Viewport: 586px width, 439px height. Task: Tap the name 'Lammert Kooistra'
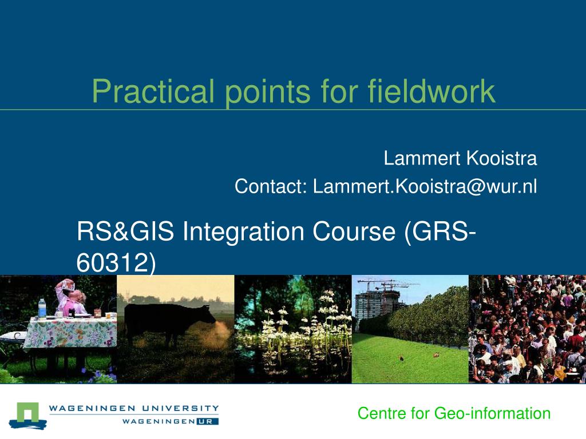[x=460, y=158]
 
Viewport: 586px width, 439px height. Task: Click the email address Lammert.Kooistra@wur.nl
[x=425, y=186]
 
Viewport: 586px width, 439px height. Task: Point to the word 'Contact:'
[x=271, y=186]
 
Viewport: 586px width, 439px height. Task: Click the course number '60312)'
[x=116, y=262]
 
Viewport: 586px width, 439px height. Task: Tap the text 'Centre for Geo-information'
[x=454, y=413]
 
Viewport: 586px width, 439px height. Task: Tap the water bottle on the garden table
[x=42, y=308]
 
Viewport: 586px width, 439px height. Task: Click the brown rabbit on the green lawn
[x=401, y=358]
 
